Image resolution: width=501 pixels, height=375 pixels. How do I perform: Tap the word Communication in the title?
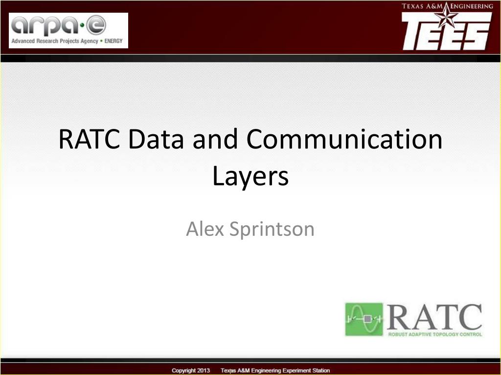coord(344,139)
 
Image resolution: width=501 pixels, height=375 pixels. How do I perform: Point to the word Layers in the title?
coord(250,177)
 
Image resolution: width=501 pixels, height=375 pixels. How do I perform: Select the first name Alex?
coord(205,229)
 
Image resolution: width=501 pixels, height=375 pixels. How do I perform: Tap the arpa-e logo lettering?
coord(59,25)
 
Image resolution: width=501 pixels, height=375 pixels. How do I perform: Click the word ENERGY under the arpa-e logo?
coord(114,41)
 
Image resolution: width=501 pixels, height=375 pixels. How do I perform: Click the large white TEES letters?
coord(446,32)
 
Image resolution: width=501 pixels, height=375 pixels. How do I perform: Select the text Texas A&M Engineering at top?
coord(447,6)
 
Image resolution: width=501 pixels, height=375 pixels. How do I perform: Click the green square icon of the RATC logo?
coord(364,319)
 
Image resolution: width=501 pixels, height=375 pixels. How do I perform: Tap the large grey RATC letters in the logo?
coord(434,317)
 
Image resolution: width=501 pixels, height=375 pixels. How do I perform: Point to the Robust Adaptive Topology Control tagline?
coord(435,334)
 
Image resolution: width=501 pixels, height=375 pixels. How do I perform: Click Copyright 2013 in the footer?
coord(191,370)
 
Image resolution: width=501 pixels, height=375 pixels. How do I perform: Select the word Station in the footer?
coord(320,370)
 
